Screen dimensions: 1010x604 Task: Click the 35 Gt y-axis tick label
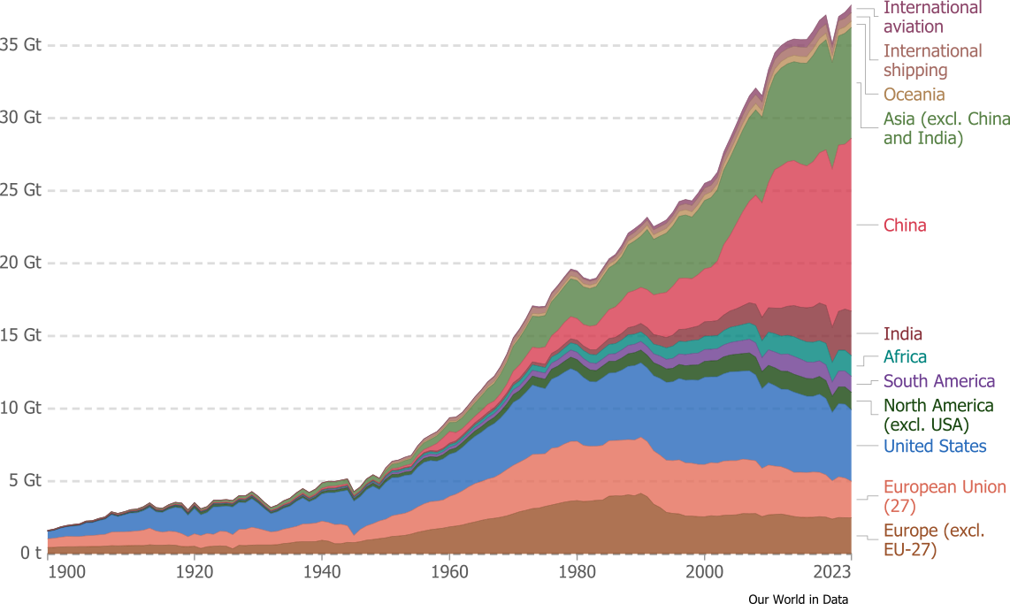coord(20,44)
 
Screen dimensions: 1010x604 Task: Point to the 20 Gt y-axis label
coord(20,262)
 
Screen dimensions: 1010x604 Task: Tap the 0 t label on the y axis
coord(30,553)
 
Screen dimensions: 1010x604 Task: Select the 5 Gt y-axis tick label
coord(25,479)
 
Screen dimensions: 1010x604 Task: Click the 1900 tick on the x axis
coord(67,572)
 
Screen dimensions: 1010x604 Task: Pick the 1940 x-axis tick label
coord(322,572)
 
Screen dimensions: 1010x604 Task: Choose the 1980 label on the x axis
coord(578,572)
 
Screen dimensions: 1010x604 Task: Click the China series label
coord(905,226)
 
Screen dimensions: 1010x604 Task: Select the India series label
coord(902,333)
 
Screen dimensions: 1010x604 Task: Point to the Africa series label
coord(905,356)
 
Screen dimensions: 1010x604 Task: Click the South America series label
coord(939,381)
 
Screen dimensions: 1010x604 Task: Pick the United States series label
coord(935,447)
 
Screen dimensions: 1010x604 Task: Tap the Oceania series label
coord(914,95)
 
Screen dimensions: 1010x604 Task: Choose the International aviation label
coord(932,17)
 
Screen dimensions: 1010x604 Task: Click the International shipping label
coord(932,60)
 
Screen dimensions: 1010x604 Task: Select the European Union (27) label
coord(945,496)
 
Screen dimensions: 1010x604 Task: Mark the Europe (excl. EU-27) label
coord(934,540)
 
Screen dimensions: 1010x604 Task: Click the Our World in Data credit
coord(798,599)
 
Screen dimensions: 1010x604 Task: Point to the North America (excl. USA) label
coord(938,416)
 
